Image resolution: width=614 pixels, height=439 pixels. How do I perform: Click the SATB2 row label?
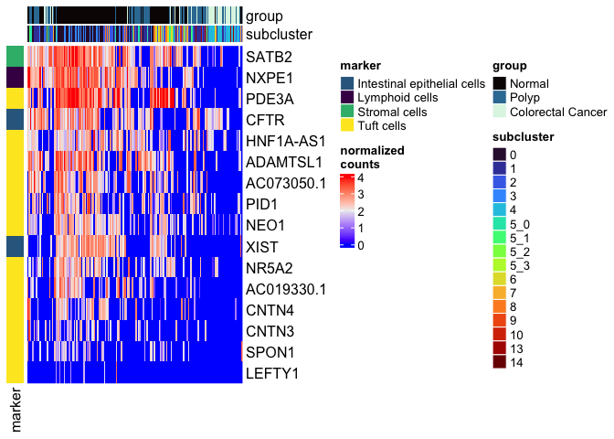[270, 57]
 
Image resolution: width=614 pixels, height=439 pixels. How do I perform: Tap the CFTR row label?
[266, 120]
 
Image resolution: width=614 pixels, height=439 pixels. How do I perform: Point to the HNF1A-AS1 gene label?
[285, 141]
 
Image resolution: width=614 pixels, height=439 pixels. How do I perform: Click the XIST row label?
[263, 247]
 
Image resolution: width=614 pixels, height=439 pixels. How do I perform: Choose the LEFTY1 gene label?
[272, 373]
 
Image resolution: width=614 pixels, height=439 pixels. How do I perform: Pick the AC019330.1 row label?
[286, 289]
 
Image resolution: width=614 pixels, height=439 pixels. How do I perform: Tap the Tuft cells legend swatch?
[346, 126]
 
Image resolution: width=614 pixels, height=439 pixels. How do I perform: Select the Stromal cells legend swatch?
[346, 112]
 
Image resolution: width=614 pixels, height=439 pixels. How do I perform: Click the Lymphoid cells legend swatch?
[346, 98]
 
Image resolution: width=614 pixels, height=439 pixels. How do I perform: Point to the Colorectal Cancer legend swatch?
[499, 112]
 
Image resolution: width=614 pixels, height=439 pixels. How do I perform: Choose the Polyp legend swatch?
[499, 98]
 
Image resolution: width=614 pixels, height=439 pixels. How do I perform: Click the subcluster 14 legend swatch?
[499, 363]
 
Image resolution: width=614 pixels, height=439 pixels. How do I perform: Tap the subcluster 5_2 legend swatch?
[499, 252]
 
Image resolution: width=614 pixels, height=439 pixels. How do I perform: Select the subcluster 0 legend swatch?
[499, 155]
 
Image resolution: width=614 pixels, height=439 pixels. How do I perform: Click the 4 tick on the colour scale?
[362, 177]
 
